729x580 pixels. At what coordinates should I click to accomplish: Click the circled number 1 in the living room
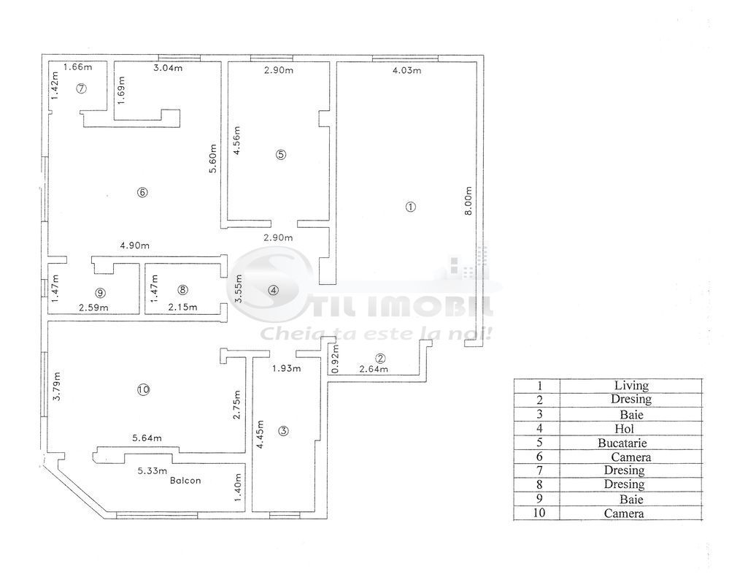pos(411,207)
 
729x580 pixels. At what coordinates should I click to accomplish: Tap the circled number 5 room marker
pos(281,154)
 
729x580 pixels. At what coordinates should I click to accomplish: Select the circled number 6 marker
pos(142,192)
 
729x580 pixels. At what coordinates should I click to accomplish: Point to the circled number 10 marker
pos(142,390)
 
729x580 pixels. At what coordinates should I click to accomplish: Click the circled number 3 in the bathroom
pos(284,431)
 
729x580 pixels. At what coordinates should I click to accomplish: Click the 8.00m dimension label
pos(468,201)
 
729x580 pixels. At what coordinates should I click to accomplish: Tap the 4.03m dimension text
pos(407,71)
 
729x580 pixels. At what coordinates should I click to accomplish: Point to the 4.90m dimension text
pos(135,246)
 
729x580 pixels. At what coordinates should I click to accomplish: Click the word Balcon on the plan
pos(185,481)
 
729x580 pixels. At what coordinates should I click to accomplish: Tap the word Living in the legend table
pos(631,385)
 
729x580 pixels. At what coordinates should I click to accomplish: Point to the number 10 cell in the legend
pos(539,514)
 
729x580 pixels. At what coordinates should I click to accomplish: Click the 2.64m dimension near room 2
pos(373,370)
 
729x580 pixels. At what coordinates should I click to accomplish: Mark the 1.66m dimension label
pos(77,67)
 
